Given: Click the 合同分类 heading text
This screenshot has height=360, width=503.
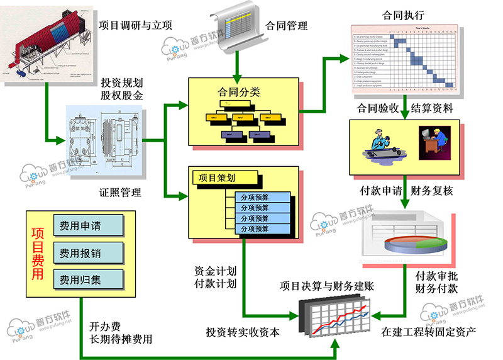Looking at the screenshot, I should [x=238, y=93].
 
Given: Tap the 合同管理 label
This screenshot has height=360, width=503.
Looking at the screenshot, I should [x=287, y=26].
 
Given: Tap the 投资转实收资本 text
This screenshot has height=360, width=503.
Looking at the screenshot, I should [x=243, y=332].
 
